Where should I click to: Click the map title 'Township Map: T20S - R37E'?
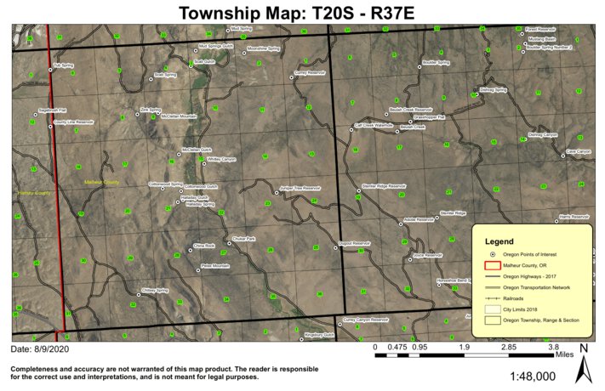(302, 12)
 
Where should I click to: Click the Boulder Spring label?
(435, 62)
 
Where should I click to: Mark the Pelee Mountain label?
(214, 266)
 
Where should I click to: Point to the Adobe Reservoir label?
(420, 219)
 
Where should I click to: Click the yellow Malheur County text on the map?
(100, 182)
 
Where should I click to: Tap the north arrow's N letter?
(583, 348)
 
